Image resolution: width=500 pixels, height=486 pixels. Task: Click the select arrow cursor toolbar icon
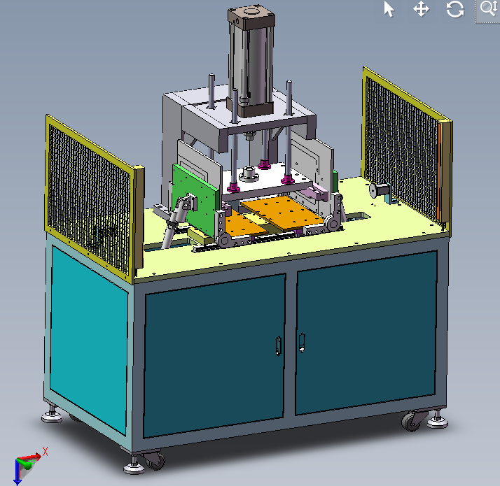(x=389, y=8)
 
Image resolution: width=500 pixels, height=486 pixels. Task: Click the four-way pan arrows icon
(x=422, y=9)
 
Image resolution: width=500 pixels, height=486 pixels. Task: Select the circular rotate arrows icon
(x=455, y=9)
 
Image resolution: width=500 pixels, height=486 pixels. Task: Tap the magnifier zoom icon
(x=488, y=8)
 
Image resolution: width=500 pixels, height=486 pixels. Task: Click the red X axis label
(x=45, y=451)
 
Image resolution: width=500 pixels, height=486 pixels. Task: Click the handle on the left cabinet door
(x=279, y=345)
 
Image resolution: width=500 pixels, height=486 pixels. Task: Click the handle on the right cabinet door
(x=302, y=343)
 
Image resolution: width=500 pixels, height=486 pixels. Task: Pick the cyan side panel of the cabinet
(x=89, y=338)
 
